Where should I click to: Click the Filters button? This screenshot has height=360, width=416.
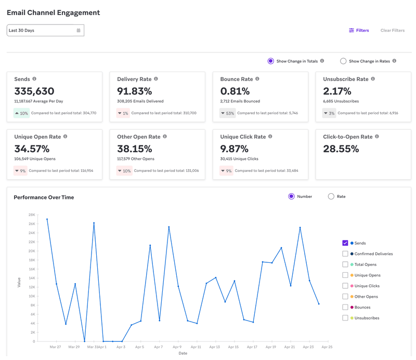point(359,31)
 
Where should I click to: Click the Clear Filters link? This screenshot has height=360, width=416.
point(392,31)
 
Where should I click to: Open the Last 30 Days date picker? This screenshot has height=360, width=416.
point(45,31)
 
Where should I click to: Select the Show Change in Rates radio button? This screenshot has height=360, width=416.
point(343,61)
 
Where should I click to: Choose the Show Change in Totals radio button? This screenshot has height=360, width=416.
point(270,61)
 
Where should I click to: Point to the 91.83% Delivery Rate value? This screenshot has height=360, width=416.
point(135,91)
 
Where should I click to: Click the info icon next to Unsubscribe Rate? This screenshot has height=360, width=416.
point(373,79)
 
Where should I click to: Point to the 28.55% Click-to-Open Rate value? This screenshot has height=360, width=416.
point(341,149)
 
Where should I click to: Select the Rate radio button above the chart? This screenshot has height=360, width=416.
point(331,196)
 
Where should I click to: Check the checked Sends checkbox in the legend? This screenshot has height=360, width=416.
point(345,243)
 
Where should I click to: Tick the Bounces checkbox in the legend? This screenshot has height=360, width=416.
point(345,307)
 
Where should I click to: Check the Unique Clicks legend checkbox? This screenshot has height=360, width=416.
point(345,286)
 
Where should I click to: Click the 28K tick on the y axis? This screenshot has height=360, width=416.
point(32,215)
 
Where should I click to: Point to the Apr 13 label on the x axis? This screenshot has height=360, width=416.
point(214,346)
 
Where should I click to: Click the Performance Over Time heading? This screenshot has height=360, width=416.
point(44,197)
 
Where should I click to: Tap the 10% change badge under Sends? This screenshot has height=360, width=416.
point(21,113)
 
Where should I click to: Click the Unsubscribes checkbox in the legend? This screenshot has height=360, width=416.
point(345,318)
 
